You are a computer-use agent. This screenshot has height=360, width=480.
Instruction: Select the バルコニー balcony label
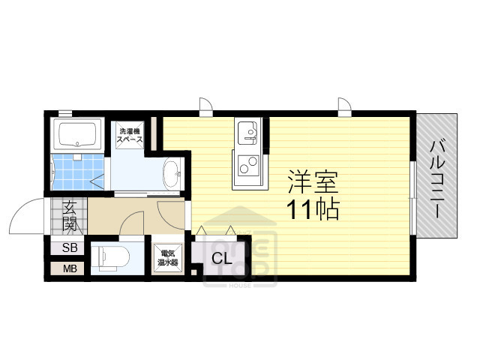point(436,178)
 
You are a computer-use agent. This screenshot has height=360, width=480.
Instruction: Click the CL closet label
point(220,259)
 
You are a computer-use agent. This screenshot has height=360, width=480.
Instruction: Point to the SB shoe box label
point(69,247)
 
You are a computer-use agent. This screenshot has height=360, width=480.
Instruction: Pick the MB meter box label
point(69,268)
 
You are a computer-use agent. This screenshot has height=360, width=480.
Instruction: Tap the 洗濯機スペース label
point(129,137)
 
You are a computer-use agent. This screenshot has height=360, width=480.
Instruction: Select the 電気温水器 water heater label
point(168,259)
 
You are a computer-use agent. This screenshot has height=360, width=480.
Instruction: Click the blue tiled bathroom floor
point(73,173)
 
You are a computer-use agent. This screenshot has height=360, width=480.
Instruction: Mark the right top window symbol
point(345,106)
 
